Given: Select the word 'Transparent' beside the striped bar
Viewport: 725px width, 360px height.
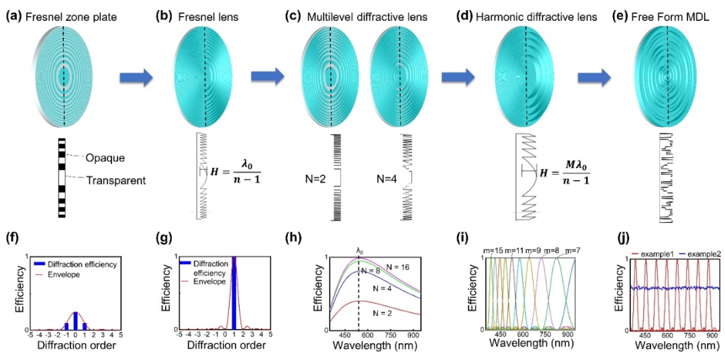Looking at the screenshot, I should coord(115,179).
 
